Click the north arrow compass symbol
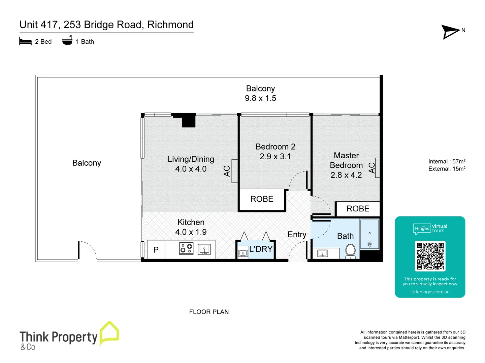(x=451, y=32)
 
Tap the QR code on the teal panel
(x=430, y=256)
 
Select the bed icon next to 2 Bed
(x=26, y=42)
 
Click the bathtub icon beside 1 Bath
(x=67, y=41)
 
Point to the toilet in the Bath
(x=351, y=251)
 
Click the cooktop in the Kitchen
(x=186, y=249)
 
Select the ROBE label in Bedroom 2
(x=262, y=199)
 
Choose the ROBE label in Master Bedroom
(x=358, y=209)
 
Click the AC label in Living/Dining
(x=227, y=171)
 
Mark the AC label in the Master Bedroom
(x=372, y=167)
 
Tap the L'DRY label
(x=261, y=249)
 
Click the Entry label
(x=297, y=235)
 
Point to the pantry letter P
(x=156, y=250)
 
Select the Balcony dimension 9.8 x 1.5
(x=260, y=98)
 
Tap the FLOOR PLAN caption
(x=209, y=312)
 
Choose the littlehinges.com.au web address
(x=430, y=292)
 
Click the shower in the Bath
(x=369, y=234)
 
